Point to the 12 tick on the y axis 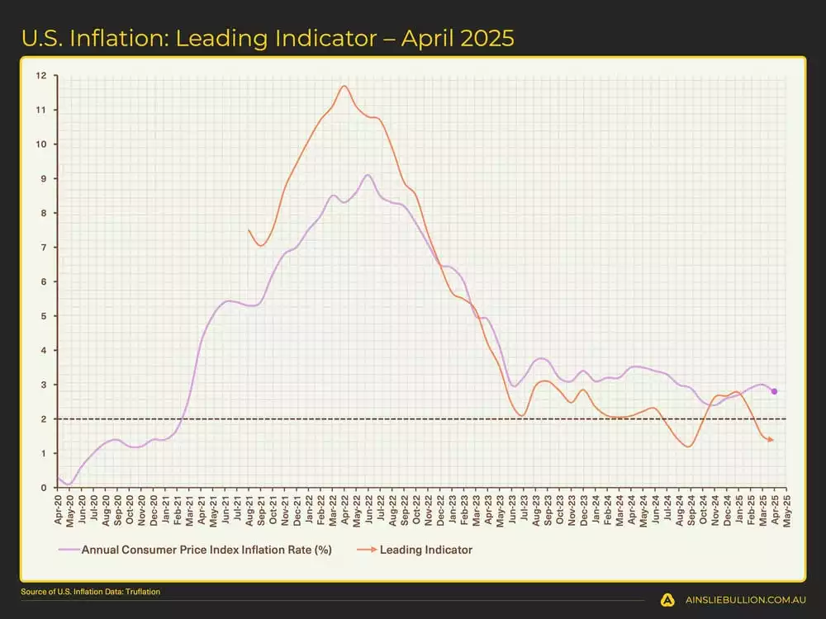40,76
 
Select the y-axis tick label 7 41,248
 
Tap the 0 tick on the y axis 41,488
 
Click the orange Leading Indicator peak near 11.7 344,86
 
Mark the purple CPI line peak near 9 368,175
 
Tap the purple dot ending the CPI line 774,391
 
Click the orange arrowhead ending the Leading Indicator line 771,440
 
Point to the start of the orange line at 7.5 249,230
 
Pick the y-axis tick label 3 41,385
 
